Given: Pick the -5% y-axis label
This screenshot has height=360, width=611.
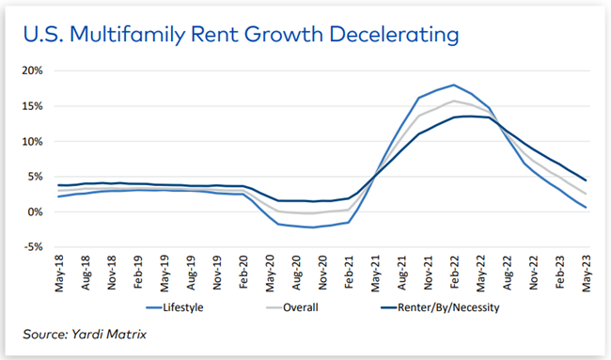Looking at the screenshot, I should (x=35, y=247).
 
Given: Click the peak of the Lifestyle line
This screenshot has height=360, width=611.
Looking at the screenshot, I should (x=455, y=85).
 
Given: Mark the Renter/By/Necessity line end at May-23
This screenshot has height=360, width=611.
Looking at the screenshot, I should (x=587, y=180).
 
